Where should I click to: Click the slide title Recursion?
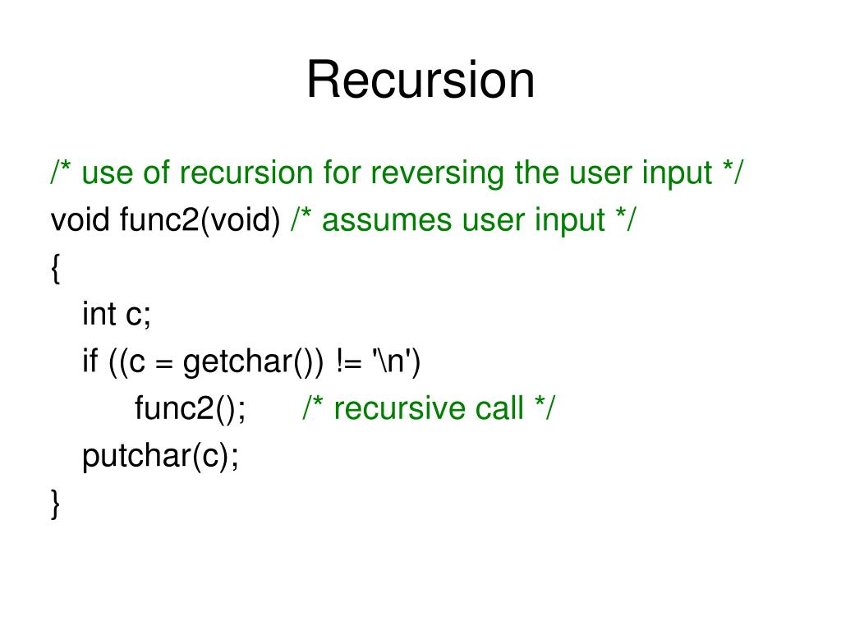point(420,81)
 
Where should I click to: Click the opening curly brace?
point(55,268)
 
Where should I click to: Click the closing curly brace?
point(55,503)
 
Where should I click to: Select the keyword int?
point(99,314)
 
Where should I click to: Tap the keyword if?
point(90,362)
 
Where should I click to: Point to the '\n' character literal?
point(396,361)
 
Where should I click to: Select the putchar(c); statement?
point(161,456)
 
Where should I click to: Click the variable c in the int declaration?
point(134,314)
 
